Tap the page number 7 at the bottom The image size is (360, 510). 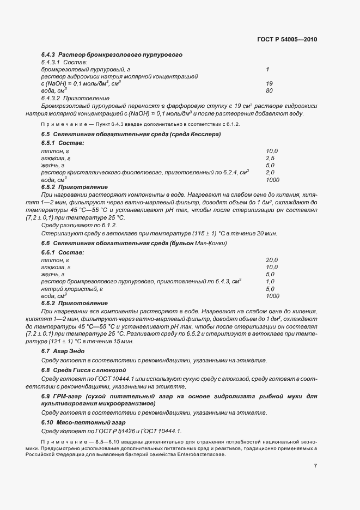[315, 465]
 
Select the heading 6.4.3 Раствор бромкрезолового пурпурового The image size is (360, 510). [111, 55]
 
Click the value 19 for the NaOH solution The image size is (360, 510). [269, 83]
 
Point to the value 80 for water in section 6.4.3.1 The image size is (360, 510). [269, 90]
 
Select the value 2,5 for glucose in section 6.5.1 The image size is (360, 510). [270, 157]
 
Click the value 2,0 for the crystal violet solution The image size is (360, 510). [270, 172]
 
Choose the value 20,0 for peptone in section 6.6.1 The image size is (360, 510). [272, 260]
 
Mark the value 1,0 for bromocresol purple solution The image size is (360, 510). [270, 282]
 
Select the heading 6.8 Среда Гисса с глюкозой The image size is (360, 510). [80, 370]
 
